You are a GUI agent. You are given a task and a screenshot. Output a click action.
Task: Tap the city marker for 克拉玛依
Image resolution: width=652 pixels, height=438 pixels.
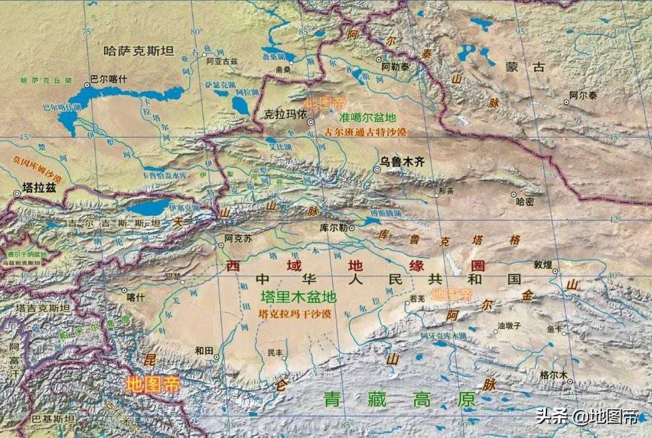[310, 122]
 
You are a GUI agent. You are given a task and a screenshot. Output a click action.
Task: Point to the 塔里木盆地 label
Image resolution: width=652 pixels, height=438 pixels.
[298, 297]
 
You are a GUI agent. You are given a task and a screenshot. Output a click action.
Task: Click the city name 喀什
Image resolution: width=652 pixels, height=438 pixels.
[136, 297]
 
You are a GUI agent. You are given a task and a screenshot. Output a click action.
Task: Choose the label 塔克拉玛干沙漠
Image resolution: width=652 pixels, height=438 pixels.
[294, 314]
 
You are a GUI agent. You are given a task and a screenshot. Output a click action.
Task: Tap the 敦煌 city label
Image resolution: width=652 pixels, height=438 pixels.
[543, 264]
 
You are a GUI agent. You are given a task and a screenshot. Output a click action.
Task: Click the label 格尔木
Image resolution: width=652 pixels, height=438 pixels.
[555, 374]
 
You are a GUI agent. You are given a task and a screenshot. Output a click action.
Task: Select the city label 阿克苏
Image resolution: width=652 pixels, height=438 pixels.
[237, 238]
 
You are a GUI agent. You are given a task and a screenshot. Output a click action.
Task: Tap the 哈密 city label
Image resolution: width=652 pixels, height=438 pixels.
[522, 202]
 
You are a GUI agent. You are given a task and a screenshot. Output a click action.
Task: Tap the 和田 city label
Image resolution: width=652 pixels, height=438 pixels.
[205, 349]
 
